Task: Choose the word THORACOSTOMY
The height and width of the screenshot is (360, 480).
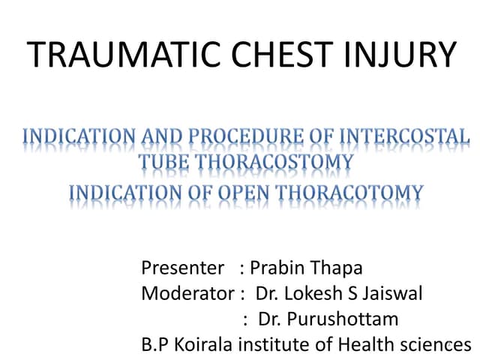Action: coord(274,162)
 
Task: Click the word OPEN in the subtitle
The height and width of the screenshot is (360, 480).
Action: coord(248,193)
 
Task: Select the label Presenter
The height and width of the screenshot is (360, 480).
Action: coord(182,268)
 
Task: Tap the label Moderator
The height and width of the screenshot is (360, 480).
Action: coord(187,293)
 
